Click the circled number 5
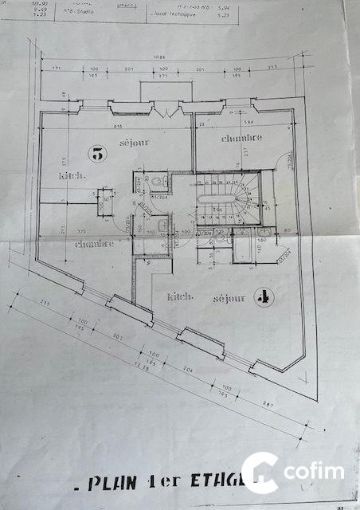tap(97, 155)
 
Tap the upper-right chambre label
tap(243, 139)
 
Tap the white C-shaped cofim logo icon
tap(260, 472)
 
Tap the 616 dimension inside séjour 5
tap(118, 127)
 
